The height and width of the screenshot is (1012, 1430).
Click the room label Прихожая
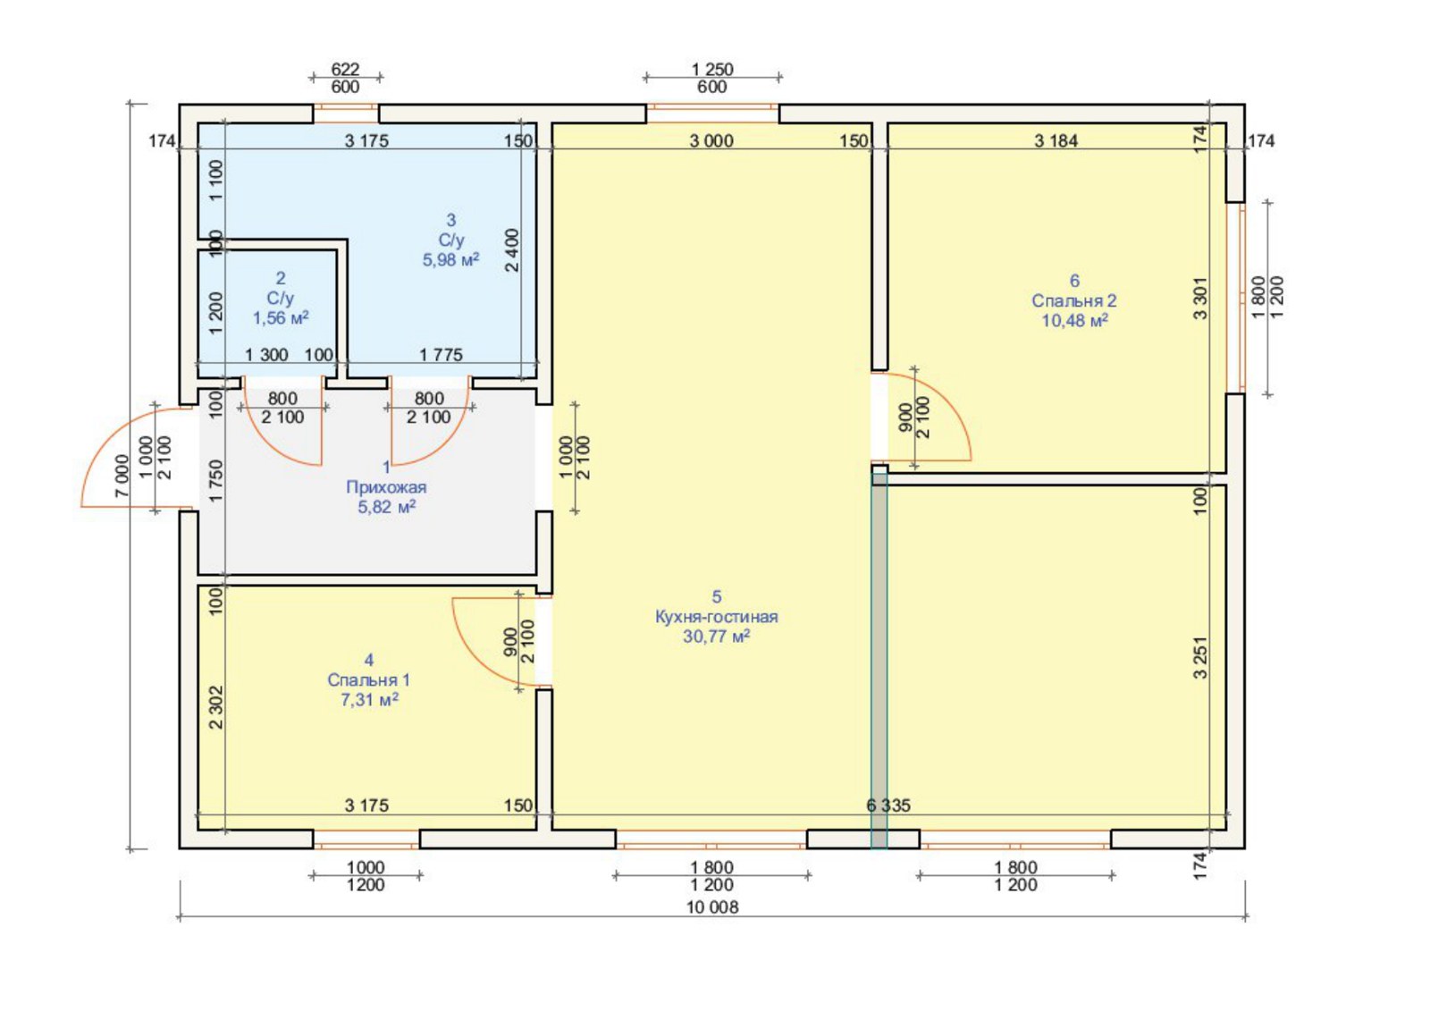pyautogui.click(x=386, y=487)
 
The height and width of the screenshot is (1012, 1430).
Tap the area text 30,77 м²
pyautogui.click(x=716, y=637)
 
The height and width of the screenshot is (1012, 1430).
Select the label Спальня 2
pyautogui.click(x=1074, y=300)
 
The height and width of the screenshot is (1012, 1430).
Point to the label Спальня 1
pyautogui.click(x=368, y=680)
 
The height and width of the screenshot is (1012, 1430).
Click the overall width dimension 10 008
pyautogui.click(x=712, y=907)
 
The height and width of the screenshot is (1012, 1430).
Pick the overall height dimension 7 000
pyautogui.click(x=122, y=476)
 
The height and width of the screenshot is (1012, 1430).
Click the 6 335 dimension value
pyautogui.click(x=888, y=805)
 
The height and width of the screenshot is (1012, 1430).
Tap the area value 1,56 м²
pyautogui.click(x=281, y=318)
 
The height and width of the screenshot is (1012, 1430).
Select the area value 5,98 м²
pyautogui.click(x=450, y=260)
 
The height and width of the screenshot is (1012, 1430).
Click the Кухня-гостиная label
pyautogui.click(x=716, y=617)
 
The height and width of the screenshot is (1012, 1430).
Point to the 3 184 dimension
pyautogui.click(x=1056, y=140)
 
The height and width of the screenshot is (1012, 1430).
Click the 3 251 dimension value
pyautogui.click(x=1201, y=657)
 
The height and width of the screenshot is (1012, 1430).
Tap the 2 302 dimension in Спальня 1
pyautogui.click(x=216, y=707)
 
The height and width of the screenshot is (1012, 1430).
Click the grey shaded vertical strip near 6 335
pyautogui.click(x=879, y=661)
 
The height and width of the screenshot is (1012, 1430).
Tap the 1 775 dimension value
pyautogui.click(x=441, y=355)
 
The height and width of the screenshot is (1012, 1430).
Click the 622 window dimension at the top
pyautogui.click(x=345, y=69)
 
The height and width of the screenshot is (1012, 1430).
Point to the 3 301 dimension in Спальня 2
pyautogui.click(x=1201, y=298)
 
